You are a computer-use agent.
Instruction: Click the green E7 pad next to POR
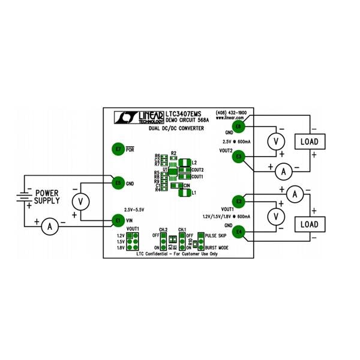[118, 148]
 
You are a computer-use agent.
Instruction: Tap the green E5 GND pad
[118, 182]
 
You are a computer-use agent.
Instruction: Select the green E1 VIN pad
[118, 220]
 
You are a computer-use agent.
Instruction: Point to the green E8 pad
[238, 127]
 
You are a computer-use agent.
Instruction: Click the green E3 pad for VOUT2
[239, 157]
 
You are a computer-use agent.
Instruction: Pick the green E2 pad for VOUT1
[239, 201]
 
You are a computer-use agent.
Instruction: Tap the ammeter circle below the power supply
[52, 226]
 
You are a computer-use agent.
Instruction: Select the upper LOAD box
[309, 142]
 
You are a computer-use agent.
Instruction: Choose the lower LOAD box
[309, 224]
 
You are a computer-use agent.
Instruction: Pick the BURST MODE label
[217, 247]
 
